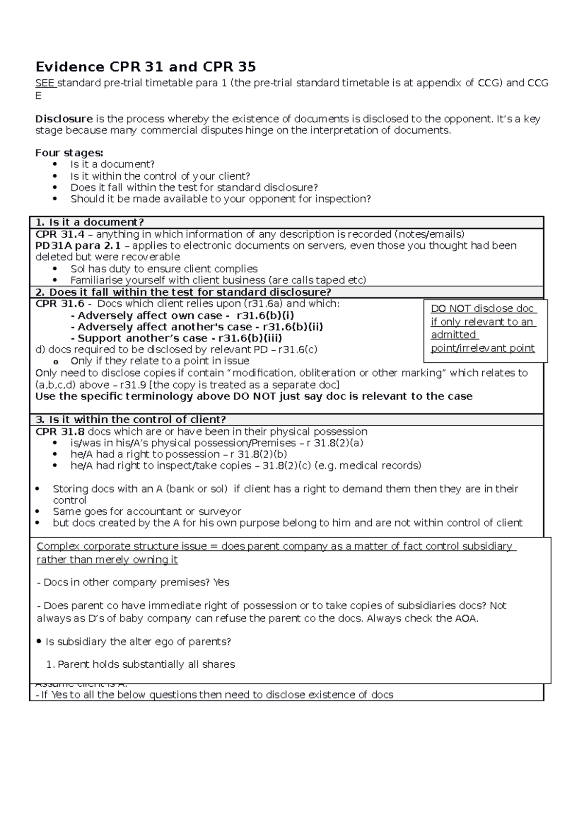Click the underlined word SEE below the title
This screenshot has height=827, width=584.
click(45, 83)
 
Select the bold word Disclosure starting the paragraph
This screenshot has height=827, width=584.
click(64, 119)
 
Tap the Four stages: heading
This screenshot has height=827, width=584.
click(69, 153)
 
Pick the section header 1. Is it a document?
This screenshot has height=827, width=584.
click(90, 223)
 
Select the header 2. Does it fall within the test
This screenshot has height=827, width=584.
click(183, 292)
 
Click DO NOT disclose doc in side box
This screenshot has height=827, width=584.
click(483, 309)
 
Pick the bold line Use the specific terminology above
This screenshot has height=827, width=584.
click(253, 396)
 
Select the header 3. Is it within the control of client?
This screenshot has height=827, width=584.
click(130, 420)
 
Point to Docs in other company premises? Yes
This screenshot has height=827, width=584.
click(133, 583)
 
